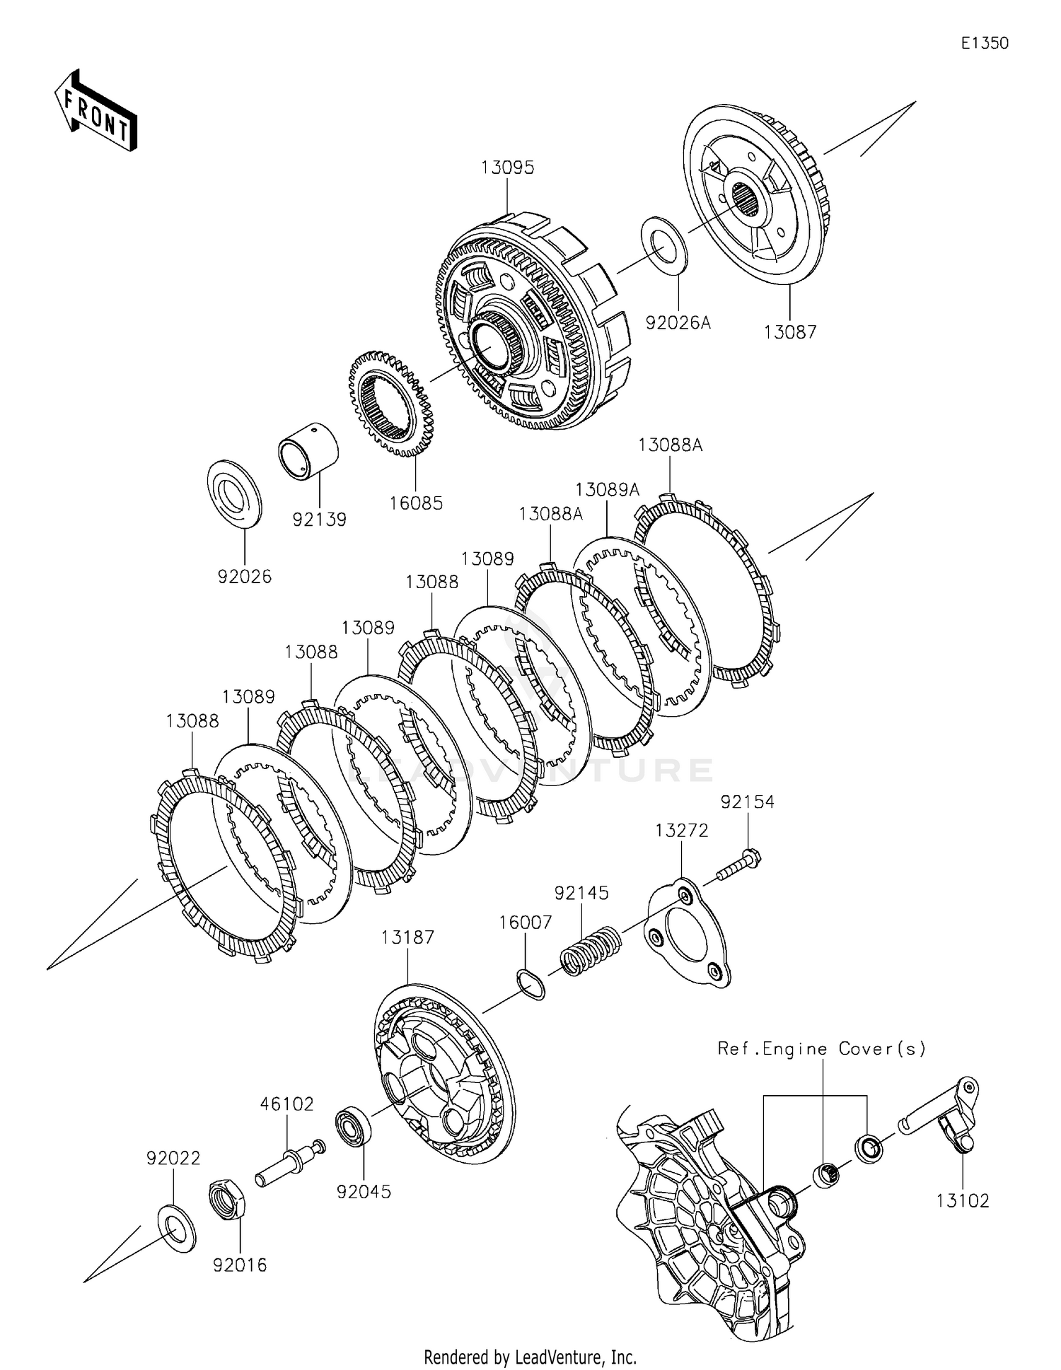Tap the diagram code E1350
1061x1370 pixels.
coord(984,43)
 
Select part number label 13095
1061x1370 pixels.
coord(507,168)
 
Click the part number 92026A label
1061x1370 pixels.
coord(678,323)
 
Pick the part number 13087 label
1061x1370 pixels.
coord(789,332)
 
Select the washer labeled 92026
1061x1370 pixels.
coord(234,493)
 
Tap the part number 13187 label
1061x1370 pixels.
coord(407,937)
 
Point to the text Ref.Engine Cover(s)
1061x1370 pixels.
coord(821,1048)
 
